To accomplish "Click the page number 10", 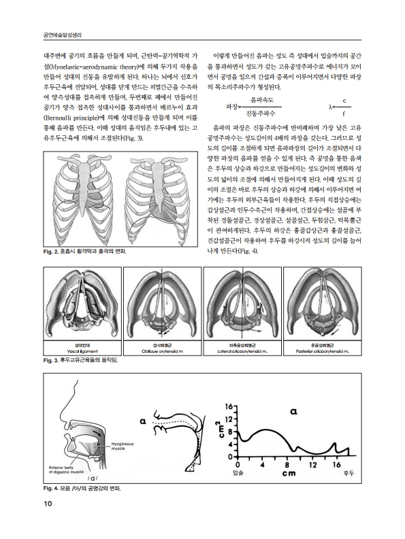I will [28, 503].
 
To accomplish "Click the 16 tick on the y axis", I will [229, 408].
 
